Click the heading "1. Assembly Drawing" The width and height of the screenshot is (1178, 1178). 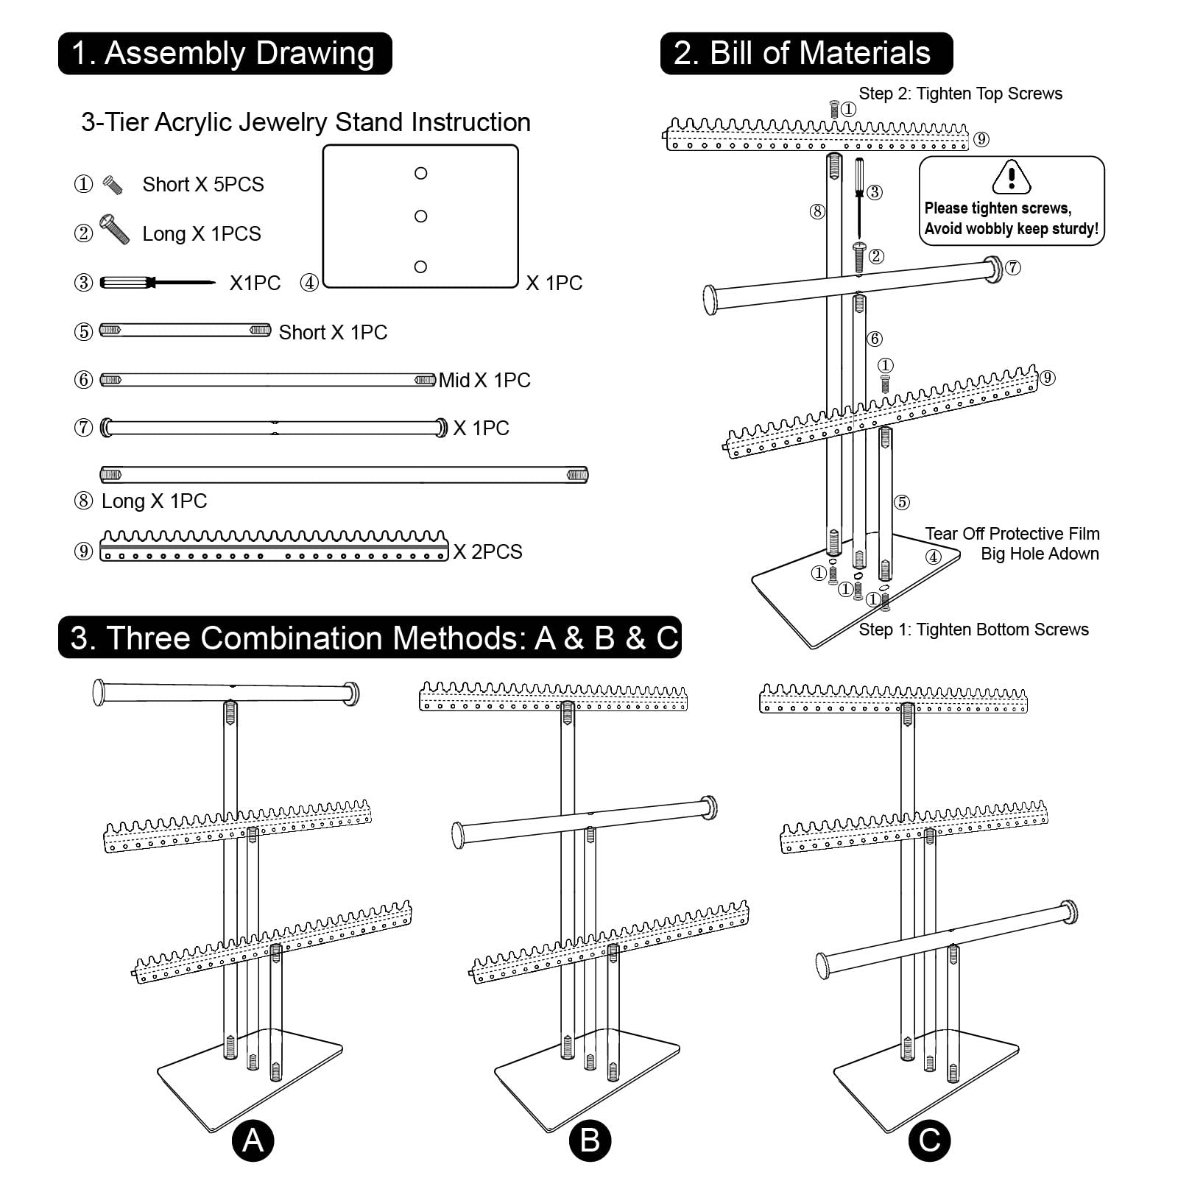(225, 54)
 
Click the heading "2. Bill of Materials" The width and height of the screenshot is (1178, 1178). (806, 54)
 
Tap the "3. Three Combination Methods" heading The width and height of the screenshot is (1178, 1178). (370, 638)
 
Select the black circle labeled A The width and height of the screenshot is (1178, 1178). (253, 1140)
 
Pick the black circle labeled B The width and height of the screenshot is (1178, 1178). (590, 1140)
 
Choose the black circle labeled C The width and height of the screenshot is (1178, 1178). (929, 1140)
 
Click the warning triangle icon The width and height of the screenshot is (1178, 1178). (1012, 176)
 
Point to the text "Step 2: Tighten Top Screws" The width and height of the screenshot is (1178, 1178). (960, 94)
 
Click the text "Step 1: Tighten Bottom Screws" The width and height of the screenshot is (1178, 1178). (973, 629)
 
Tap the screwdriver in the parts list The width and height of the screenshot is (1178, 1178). (157, 282)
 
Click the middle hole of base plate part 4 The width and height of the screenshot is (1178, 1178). (421, 216)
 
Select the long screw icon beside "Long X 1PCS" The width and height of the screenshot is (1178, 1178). (114, 230)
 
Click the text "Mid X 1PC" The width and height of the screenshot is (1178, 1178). (484, 380)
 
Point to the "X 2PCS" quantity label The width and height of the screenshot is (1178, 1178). (487, 551)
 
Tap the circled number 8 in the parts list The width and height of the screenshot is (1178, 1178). (84, 501)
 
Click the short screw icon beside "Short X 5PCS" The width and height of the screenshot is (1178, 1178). (112, 184)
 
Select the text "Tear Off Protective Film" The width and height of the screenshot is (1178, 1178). (1012, 534)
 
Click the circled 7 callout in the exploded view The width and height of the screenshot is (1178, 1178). (1013, 267)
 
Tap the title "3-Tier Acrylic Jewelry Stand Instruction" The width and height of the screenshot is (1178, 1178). (306, 122)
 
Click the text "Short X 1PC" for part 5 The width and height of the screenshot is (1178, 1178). (333, 332)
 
